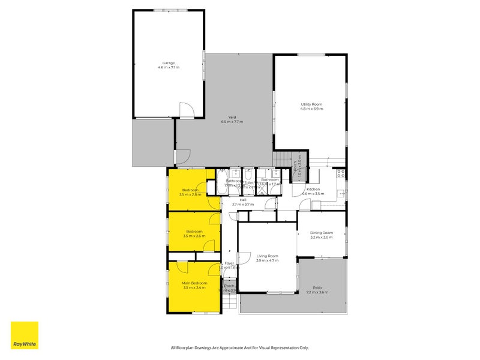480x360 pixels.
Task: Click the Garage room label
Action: (x=169, y=62)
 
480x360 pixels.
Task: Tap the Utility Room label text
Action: (x=311, y=104)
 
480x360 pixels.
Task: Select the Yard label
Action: (x=231, y=117)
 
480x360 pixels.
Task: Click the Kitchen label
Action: (x=313, y=189)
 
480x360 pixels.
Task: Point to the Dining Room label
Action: (x=321, y=233)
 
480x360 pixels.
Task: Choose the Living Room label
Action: (x=267, y=256)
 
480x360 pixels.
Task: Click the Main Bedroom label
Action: (x=194, y=283)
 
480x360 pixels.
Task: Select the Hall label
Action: (x=243, y=200)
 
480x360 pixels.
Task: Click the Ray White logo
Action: (x=25, y=335)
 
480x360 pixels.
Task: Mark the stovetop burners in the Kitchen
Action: (x=340, y=174)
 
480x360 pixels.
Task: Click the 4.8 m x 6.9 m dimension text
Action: (x=311, y=109)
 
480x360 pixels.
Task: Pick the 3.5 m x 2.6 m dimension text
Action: (x=194, y=236)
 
